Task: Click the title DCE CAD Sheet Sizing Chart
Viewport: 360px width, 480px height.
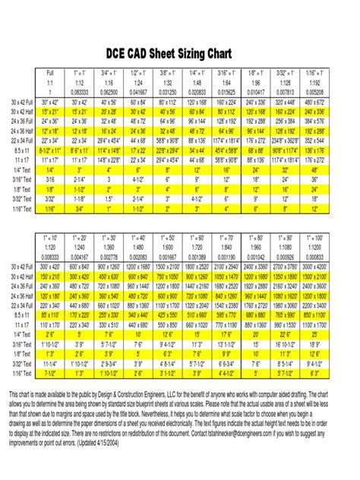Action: [x=179, y=54]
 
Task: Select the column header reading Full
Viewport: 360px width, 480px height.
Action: [x=50, y=73]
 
